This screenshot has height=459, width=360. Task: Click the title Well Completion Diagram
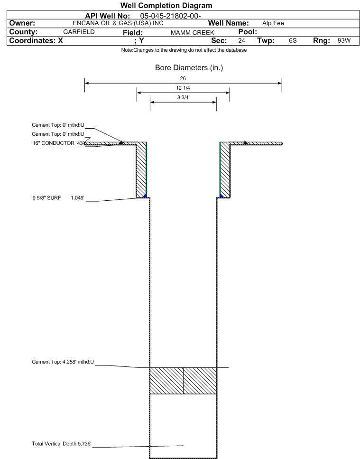166,6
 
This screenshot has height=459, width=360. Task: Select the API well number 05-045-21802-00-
170,16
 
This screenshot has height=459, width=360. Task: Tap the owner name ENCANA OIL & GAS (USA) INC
118,23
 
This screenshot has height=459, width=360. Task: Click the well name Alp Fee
273,23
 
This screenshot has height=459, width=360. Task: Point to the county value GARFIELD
79,32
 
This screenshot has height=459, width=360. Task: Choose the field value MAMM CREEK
193,32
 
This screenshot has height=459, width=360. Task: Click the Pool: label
248,32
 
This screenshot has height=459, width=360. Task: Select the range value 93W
344,41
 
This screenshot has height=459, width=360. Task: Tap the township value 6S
293,41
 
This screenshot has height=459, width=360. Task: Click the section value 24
241,41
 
